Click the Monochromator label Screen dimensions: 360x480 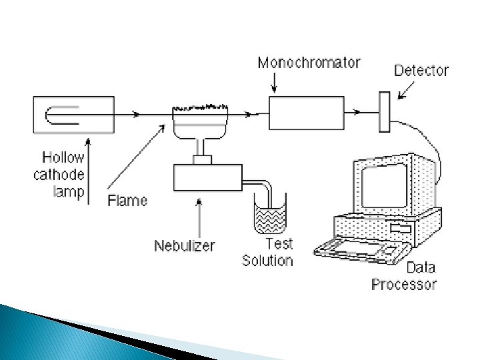[x=309, y=63]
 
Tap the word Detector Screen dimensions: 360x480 [x=421, y=70]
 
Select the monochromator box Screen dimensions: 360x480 [x=307, y=113]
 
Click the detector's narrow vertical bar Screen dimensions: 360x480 [x=384, y=112]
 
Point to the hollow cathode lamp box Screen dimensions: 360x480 [x=73, y=114]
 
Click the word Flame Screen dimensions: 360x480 [x=127, y=199]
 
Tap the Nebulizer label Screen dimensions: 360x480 [x=185, y=246]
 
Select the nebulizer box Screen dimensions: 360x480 [x=207, y=178]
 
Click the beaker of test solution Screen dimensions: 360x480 [x=271, y=216]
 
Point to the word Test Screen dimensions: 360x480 [x=279, y=244]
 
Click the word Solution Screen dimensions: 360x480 [x=267, y=260]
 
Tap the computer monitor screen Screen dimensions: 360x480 [x=384, y=186]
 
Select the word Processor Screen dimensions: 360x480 [x=404, y=284]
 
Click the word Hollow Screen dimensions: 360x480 [x=63, y=158]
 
